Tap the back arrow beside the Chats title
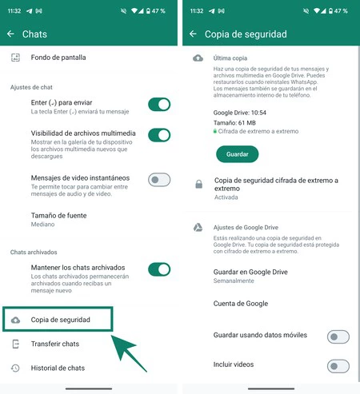pyautogui.click(x=11, y=34)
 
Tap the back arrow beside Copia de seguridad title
pyautogui.click(x=193, y=34)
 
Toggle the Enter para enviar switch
pyautogui.click(x=159, y=104)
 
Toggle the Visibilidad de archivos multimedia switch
pyautogui.click(x=159, y=135)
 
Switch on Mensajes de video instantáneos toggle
pyautogui.click(x=159, y=180)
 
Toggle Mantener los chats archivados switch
pyautogui.click(x=159, y=269)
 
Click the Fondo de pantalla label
pyautogui.click(x=58, y=58)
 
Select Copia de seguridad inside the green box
pyautogui.click(x=61, y=320)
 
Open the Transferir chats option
pyautogui.click(x=54, y=344)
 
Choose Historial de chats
pyautogui.click(x=57, y=368)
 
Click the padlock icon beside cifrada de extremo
pyautogui.click(x=198, y=185)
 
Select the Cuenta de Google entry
pyautogui.click(x=241, y=304)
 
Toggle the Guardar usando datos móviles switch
pyautogui.click(x=338, y=337)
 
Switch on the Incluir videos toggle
pyautogui.click(x=338, y=366)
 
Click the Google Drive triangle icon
pyautogui.click(x=198, y=228)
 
